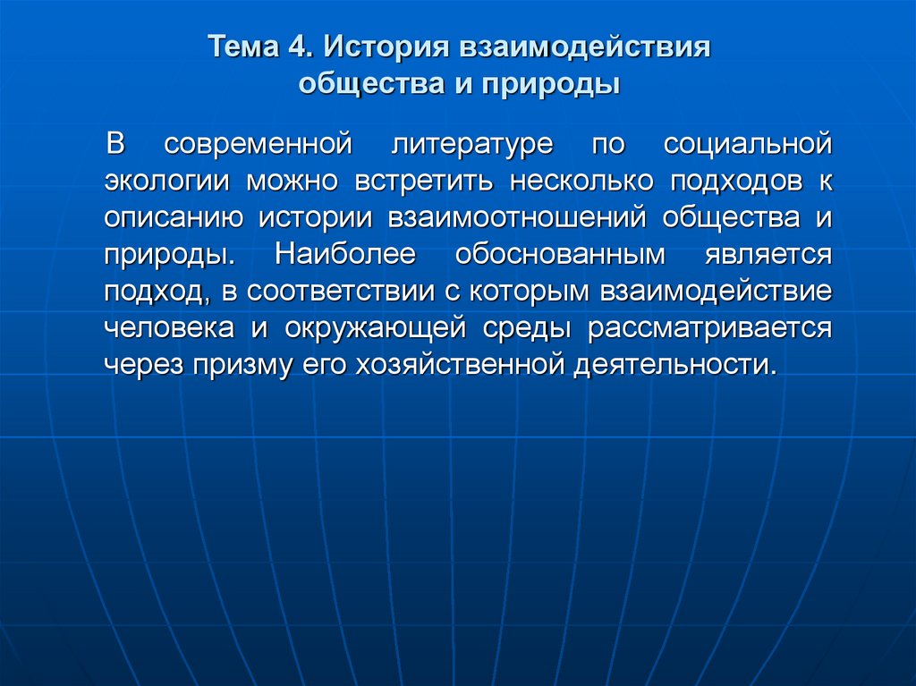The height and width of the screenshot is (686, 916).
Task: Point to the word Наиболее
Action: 345,255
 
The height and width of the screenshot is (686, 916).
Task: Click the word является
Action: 760,255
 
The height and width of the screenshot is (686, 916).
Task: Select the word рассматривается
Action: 710,328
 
